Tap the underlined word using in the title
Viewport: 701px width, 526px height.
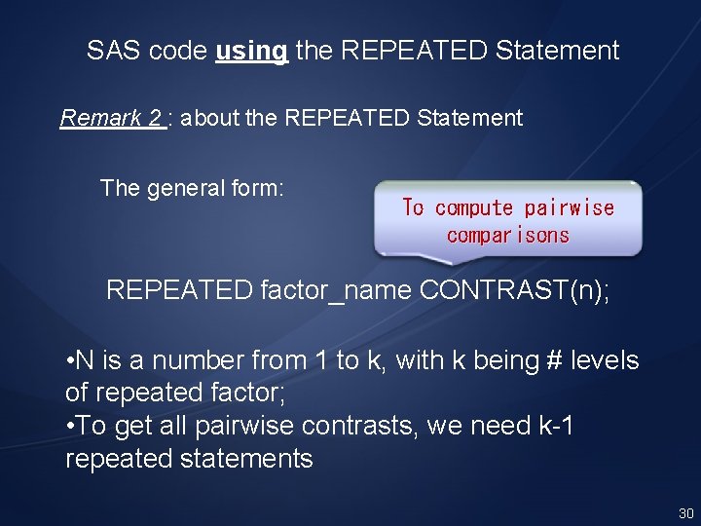251,51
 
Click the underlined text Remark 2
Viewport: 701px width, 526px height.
111,119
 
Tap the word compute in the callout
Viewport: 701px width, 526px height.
473,207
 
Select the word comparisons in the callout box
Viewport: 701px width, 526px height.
507,235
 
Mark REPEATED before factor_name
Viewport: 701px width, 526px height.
179,290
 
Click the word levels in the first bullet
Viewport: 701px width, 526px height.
607,360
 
